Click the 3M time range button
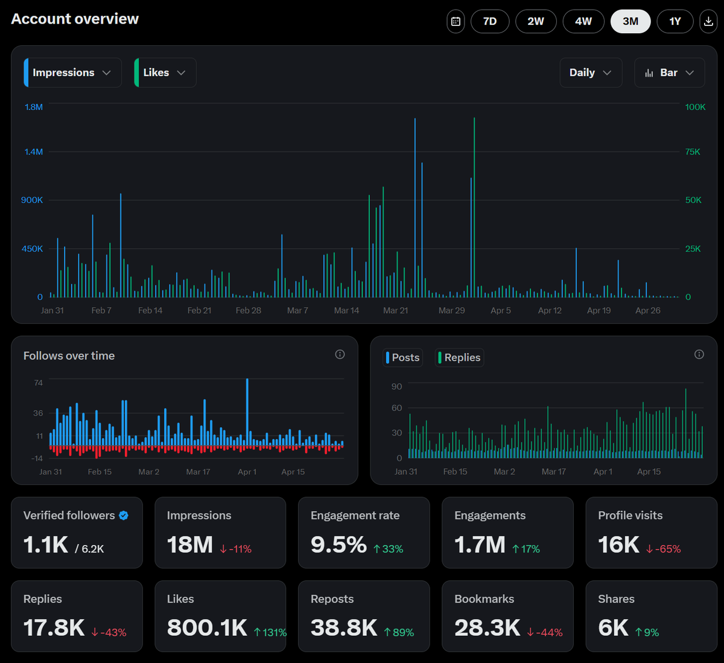[630, 21]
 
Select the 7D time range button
[490, 21]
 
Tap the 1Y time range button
[675, 21]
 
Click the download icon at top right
[708, 21]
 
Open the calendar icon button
[456, 21]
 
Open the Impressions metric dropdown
[72, 72]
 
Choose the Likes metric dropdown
[165, 72]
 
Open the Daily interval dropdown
[591, 72]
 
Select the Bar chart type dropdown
[670, 72]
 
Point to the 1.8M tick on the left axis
[34, 107]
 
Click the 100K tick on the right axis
[695, 107]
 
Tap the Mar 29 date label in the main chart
[451, 311]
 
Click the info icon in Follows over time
[340, 354]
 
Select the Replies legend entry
[460, 358]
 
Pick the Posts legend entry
[403, 358]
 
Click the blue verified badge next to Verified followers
[124, 515]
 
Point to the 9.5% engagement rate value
[338, 545]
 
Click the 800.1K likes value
[207, 627]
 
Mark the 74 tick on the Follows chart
[38, 382]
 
